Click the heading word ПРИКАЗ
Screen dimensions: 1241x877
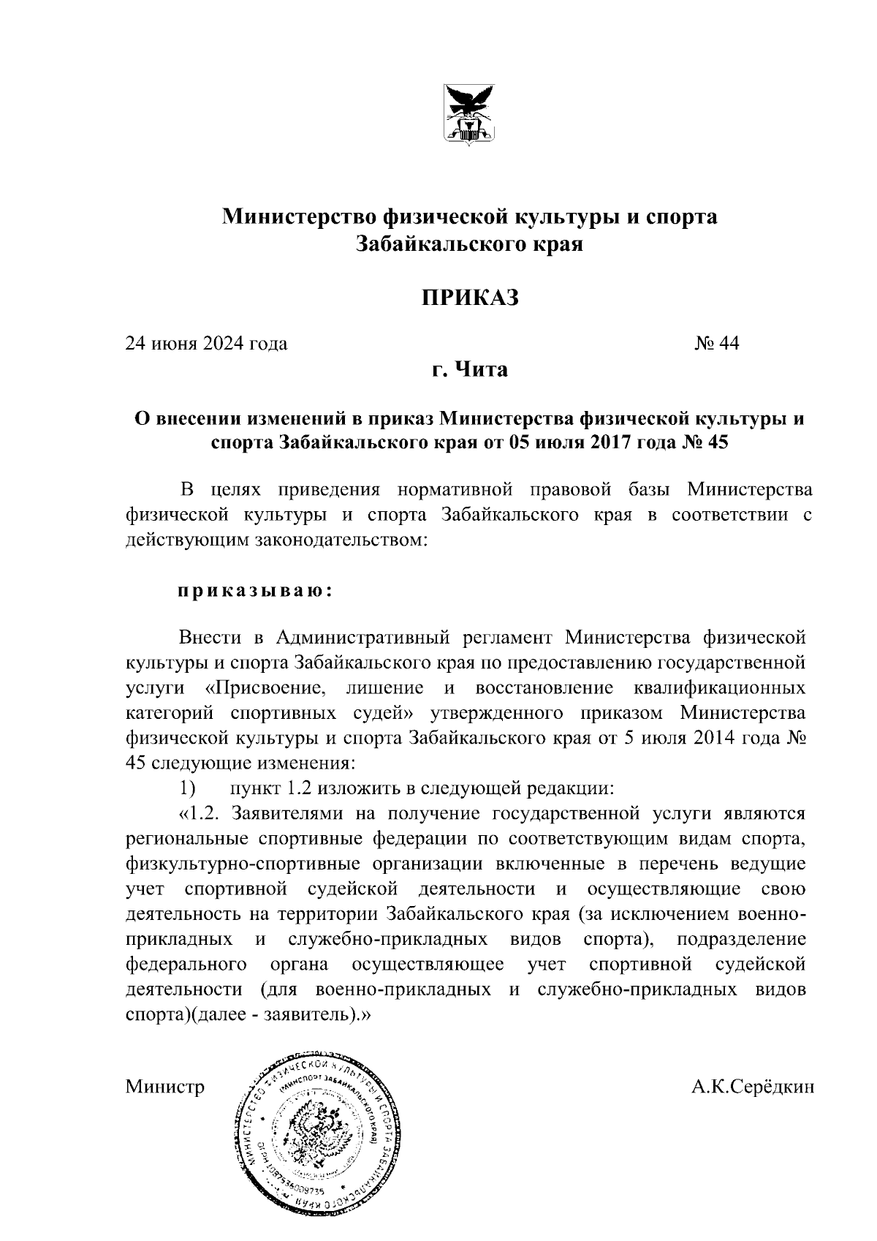click(468, 298)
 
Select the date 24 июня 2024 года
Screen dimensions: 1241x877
click(207, 344)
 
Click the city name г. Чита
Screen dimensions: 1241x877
click(468, 369)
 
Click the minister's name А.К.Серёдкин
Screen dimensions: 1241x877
click(752, 1087)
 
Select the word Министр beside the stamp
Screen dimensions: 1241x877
click(165, 1087)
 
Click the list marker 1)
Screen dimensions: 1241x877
click(188, 788)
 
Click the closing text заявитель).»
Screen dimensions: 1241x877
click(322, 1015)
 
